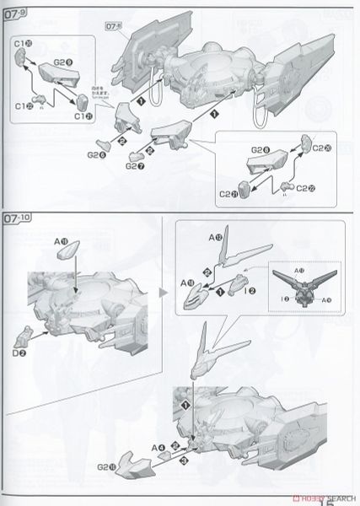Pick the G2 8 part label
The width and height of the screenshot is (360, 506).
pyautogui.click(x=259, y=149)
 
